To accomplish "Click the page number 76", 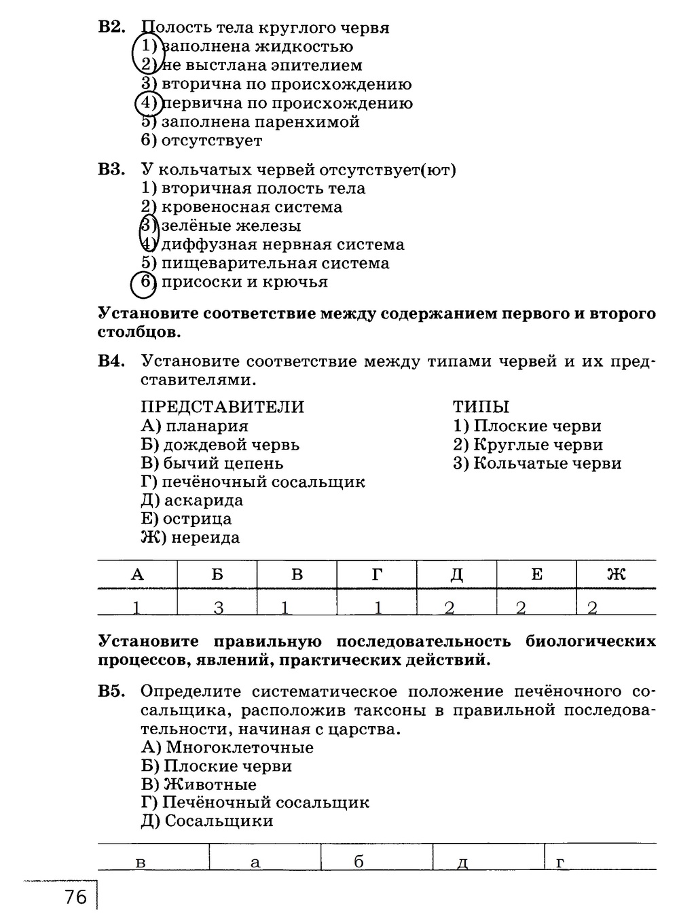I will [x=76, y=897].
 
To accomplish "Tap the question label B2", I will [x=112, y=28].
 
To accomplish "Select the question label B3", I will [x=112, y=170].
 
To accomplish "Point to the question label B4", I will [x=112, y=361].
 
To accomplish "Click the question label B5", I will [x=112, y=691].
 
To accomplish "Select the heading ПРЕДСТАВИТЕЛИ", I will [x=222, y=407].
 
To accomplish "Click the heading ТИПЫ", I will [x=481, y=407].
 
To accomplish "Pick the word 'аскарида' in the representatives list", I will [x=203, y=501].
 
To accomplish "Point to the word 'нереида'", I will [x=205, y=538].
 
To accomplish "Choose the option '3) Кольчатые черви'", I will [x=537, y=463].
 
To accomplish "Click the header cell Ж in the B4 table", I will [x=615, y=575].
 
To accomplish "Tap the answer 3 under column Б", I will [x=219, y=607].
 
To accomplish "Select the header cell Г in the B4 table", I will [x=377, y=575].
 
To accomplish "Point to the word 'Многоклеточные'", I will [x=239, y=748].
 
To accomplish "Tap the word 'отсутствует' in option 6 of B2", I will [x=211, y=141].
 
